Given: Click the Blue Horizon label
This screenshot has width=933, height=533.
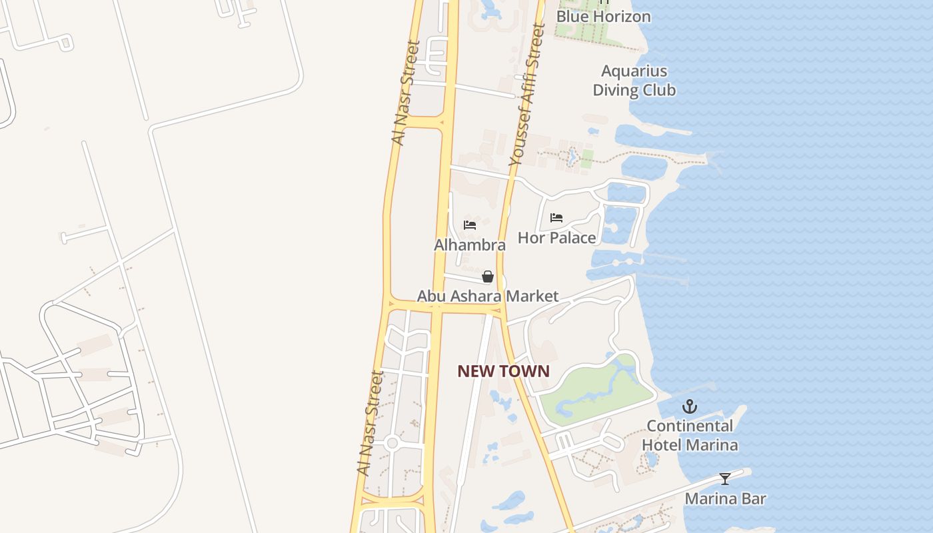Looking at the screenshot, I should click(603, 16).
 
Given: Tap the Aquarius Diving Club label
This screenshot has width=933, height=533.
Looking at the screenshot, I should click(634, 81).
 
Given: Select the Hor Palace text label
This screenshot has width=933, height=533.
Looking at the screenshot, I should click(556, 237).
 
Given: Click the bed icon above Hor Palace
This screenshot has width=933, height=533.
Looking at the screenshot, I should click(556, 218).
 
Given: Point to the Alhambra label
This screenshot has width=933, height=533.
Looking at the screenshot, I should click(470, 245).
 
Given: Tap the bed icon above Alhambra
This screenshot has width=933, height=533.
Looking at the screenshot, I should click(470, 225).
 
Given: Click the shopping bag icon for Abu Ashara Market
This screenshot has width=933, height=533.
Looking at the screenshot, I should click(488, 276).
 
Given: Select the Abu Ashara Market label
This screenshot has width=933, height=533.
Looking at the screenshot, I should click(488, 296).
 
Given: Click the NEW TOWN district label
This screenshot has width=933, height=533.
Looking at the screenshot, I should click(503, 371).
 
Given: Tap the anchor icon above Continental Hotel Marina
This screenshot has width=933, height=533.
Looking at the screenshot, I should click(690, 406).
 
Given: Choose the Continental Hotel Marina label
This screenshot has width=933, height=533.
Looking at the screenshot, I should click(690, 435).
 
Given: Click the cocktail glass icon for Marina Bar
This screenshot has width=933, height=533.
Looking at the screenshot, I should click(725, 478).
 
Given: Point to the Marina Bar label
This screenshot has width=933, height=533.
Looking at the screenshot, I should click(725, 498).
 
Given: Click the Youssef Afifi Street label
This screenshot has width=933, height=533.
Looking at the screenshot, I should click(527, 95).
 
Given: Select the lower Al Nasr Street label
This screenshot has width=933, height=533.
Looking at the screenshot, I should click(370, 423).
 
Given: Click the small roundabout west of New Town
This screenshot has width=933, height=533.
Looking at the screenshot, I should click(392, 442).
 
